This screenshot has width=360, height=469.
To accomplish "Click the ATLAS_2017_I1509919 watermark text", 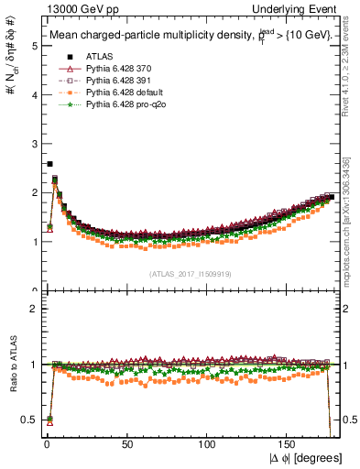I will [x=190, y=274].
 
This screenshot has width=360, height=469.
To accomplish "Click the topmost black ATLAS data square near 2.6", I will [x=49, y=164].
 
